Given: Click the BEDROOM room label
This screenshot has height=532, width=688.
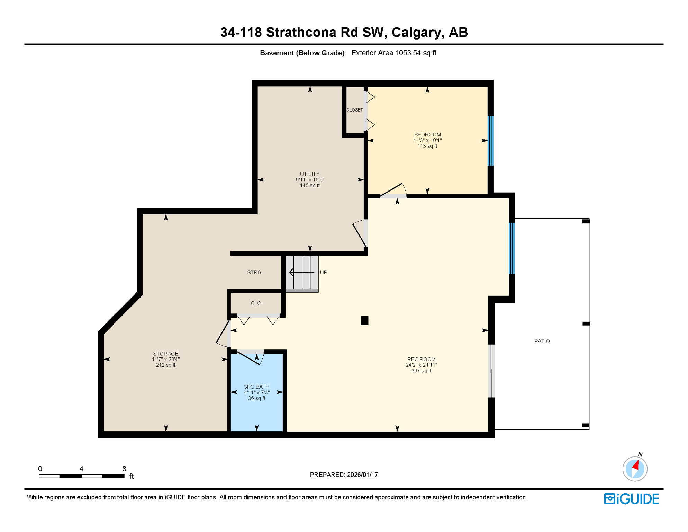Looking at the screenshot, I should click(427, 135).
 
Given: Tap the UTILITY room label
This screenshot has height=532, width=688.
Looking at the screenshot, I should click(310, 174).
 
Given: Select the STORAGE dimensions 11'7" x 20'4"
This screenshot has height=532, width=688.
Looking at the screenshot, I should click(166, 360).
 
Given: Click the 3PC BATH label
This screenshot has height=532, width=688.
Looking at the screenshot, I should click(256, 387).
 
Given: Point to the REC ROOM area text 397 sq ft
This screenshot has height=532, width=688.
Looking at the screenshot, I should click(421, 371).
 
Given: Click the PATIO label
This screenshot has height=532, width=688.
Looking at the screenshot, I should click(542, 341).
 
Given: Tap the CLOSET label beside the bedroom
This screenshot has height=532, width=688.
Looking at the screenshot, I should click(354, 110).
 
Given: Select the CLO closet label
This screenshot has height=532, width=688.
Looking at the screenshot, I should click(256, 303).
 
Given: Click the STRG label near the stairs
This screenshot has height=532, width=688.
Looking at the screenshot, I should click(254, 273).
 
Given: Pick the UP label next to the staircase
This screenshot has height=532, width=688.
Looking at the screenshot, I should click(323, 273).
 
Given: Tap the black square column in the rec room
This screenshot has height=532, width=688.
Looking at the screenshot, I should click(364, 321).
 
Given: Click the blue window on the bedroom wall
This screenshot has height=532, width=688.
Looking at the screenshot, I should click(490, 141).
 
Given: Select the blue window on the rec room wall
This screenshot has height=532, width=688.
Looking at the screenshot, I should click(512, 248).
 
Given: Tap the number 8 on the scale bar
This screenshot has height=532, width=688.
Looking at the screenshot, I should click(124, 469).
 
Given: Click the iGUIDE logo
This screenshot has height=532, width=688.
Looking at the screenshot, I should click(631, 499).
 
